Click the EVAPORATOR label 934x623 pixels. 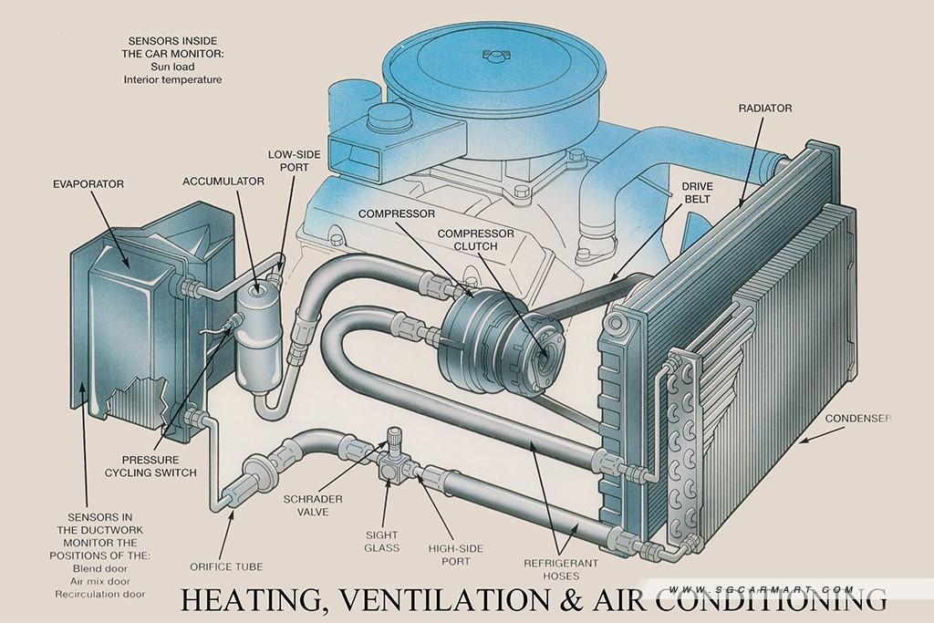pos(88,184)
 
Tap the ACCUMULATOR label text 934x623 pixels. pos(223,182)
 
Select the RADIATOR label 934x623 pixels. pos(765,109)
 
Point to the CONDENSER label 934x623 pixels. pos(857,419)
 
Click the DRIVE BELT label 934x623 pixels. pos(697,192)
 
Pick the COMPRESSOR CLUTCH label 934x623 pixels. pos(475,239)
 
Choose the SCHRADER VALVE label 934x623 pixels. pos(313,505)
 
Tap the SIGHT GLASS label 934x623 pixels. pos(381,542)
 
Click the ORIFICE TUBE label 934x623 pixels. pos(226,567)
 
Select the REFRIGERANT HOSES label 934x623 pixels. pos(561,569)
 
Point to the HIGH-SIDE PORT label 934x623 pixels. pos(456,555)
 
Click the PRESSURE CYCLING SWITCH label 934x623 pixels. pos(150,466)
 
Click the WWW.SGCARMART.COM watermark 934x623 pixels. pos(762,589)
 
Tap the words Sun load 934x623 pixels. pos(172,67)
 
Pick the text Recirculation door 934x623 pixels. pos(100,594)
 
